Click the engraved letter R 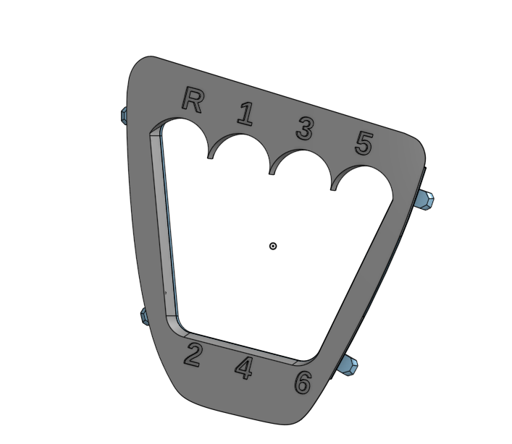[x=192, y=99]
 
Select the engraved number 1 [x=246, y=114]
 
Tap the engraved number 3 [x=305, y=129]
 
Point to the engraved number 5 [x=364, y=145]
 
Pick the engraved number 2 [x=192, y=355]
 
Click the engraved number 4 [x=245, y=368]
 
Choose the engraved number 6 [x=303, y=383]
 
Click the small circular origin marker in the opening [x=273, y=246]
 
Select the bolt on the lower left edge [x=143, y=315]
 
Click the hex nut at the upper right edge [x=427, y=200]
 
